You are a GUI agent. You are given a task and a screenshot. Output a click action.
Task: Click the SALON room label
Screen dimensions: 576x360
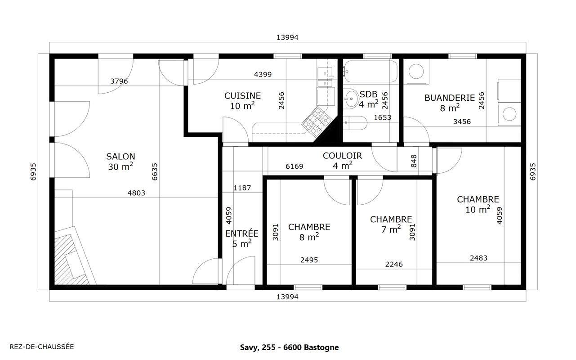tap(121, 157)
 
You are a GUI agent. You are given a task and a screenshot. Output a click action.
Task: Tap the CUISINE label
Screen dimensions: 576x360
tap(242, 96)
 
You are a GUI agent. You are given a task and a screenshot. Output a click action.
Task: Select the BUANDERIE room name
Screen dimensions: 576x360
tap(450, 98)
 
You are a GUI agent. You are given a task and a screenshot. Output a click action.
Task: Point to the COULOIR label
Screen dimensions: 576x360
tap(342, 156)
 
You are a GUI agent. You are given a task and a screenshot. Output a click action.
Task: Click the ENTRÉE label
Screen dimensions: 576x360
tap(242, 233)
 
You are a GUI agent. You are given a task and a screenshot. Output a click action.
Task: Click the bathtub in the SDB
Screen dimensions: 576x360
tap(371, 71)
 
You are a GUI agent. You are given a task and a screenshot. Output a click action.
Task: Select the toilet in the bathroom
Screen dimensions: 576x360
tap(355, 123)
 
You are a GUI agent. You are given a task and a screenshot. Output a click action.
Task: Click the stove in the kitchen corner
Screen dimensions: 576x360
tap(316, 121)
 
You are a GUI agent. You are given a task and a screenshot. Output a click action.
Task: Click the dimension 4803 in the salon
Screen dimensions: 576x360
tap(136, 193)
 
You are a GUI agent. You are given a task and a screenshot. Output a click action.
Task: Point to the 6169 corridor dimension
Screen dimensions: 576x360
tap(295, 166)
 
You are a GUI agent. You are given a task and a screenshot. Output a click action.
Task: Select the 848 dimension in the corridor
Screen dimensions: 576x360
tap(414, 161)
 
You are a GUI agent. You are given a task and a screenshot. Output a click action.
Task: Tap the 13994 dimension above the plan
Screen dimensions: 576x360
tap(287, 37)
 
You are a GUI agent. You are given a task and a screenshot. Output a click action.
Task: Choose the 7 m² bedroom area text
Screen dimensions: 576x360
tap(391, 229)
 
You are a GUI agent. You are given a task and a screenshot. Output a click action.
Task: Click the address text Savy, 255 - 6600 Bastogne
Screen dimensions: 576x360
tap(289, 347)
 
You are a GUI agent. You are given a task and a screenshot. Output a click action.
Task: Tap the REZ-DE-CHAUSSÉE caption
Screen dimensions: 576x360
tap(42, 347)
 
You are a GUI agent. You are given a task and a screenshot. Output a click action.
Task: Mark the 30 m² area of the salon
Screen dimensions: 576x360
tap(121, 167)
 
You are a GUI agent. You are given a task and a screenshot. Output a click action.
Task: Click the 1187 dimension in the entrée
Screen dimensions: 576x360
tap(242, 188)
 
